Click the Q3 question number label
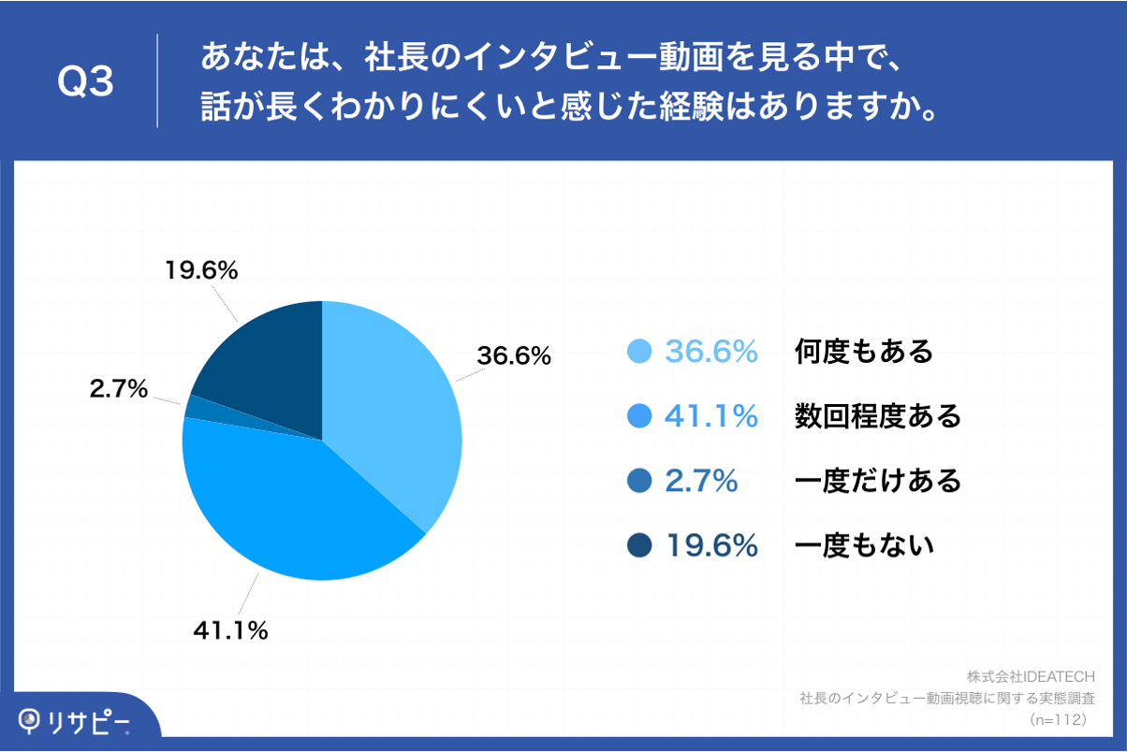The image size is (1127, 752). (85, 82)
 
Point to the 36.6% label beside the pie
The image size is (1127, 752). (514, 356)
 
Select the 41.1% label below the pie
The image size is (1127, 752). (230, 631)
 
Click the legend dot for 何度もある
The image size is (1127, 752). (638, 352)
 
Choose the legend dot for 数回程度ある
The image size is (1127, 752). (638, 416)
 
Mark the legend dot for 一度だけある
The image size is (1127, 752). (638, 481)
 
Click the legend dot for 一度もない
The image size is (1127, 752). (638, 545)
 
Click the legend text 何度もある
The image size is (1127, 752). (864, 352)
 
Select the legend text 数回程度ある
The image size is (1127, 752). (878, 416)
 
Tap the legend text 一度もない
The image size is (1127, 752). (864, 545)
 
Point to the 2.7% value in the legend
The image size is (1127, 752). (701, 481)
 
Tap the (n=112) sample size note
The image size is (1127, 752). (1057, 720)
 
